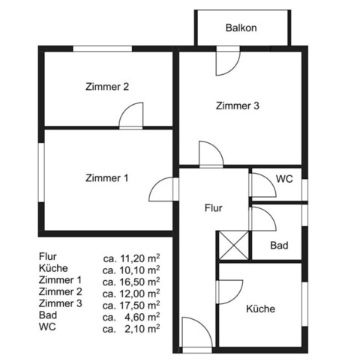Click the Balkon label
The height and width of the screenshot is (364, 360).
click(x=241, y=28)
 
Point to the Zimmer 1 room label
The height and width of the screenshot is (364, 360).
click(x=107, y=178)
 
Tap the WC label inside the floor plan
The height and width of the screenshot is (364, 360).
click(x=284, y=180)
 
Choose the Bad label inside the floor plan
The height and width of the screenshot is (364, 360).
click(x=280, y=245)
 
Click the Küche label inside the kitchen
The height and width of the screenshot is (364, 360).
click(x=260, y=309)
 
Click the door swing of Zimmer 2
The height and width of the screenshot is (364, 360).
click(x=131, y=116)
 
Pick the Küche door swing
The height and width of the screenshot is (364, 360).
click(x=230, y=290)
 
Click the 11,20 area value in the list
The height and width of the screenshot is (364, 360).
click(x=131, y=256)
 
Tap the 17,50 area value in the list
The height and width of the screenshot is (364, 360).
click(x=131, y=304)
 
